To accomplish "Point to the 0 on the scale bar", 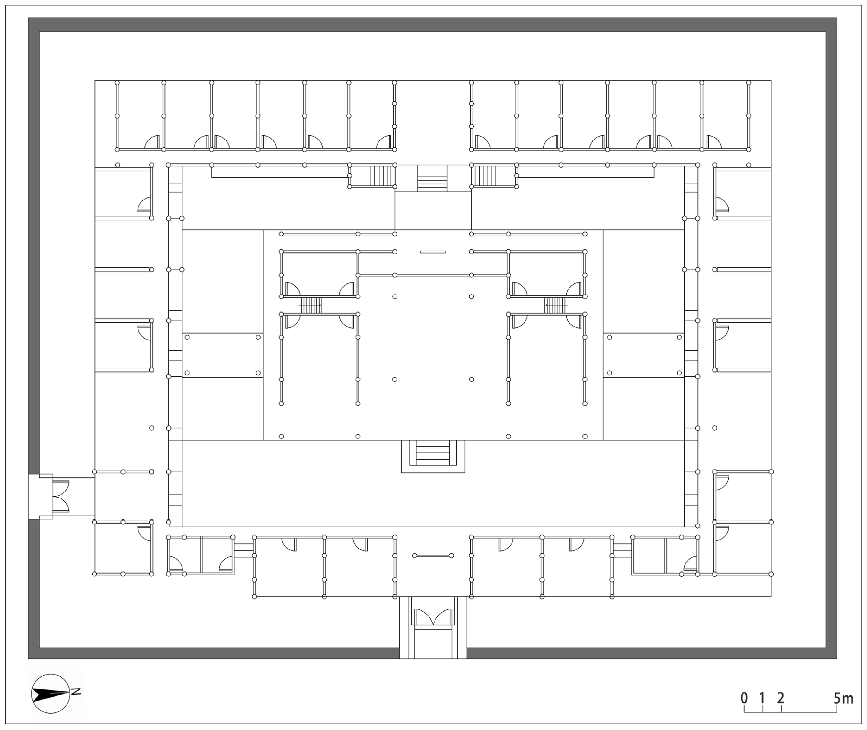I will pos(744,698).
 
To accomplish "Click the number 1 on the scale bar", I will pos(762,698).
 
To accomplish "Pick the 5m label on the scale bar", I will pos(843,698).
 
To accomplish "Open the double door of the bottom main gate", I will pos(433,617).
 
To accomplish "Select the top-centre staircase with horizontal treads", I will pos(432,178).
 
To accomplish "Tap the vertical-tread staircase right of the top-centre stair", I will pos(484,176).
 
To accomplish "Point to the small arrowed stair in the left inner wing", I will pos(310,305).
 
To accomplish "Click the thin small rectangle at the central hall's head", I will pos(433,252).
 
